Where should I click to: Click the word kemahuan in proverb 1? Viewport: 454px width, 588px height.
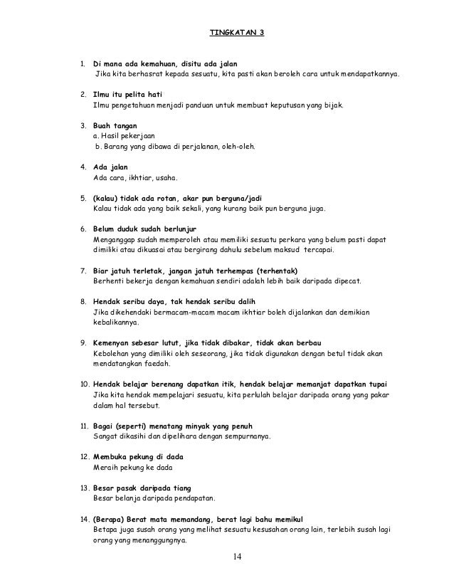coord(148,63)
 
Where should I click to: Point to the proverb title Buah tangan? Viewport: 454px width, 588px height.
coord(117,124)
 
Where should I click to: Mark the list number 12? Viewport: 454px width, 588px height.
coord(83,456)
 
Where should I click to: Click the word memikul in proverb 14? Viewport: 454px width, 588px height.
coord(294,520)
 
